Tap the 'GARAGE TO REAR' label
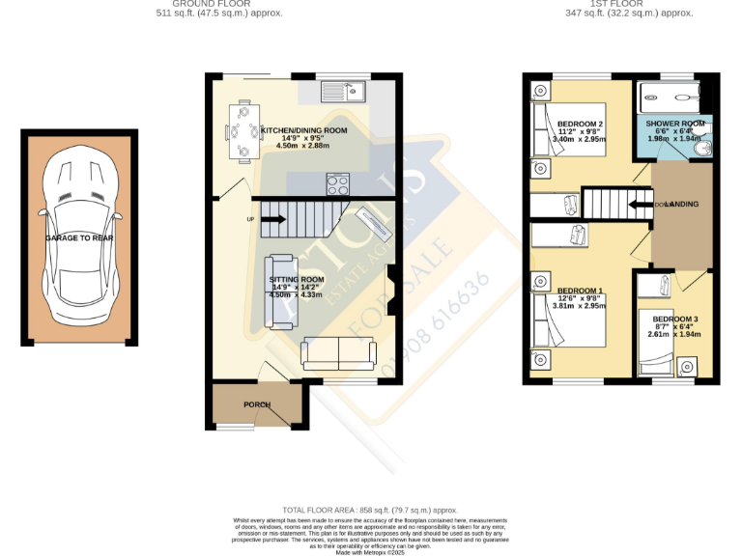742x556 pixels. point(80,236)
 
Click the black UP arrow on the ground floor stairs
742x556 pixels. point(272,219)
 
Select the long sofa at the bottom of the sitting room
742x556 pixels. point(339,354)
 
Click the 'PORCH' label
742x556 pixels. point(256,404)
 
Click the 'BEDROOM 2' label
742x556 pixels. point(580,124)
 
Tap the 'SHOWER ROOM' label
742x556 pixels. point(674,124)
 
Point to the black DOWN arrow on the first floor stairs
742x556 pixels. point(639,204)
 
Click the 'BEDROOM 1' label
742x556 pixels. point(580,291)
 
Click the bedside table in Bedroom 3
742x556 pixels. point(688,367)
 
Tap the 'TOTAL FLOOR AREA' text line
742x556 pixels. point(370,509)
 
